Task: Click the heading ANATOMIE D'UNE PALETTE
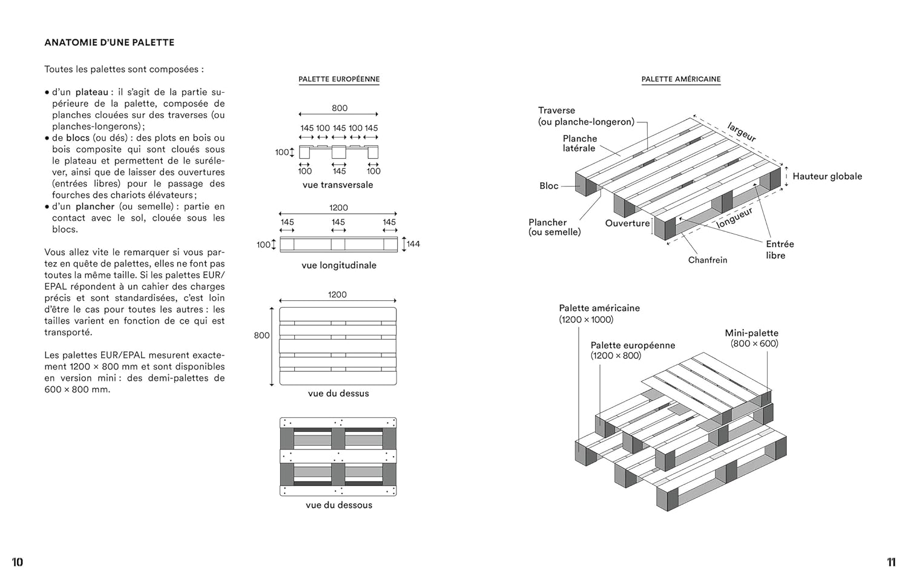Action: click(109, 42)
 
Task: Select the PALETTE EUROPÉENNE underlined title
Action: click(339, 79)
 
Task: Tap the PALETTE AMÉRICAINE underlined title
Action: click(681, 79)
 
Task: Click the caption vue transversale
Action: click(338, 185)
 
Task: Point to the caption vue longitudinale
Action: click(339, 265)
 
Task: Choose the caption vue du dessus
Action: click(338, 393)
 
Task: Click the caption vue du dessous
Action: click(339, 505)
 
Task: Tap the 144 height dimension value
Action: click(413, 244)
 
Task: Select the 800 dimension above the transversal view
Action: click(340, 108)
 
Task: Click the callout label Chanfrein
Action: click(708, 260)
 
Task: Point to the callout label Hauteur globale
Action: click(827, 176)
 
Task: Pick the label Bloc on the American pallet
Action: click(549, 186)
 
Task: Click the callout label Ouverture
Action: click(627, 223)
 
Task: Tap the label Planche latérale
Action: click(580, 144)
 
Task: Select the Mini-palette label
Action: click(752, 333)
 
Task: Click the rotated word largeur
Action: click(742, 132)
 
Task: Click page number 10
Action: click(18, 562)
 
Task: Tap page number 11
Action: click(891, 562)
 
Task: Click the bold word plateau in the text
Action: click(91, 92)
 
